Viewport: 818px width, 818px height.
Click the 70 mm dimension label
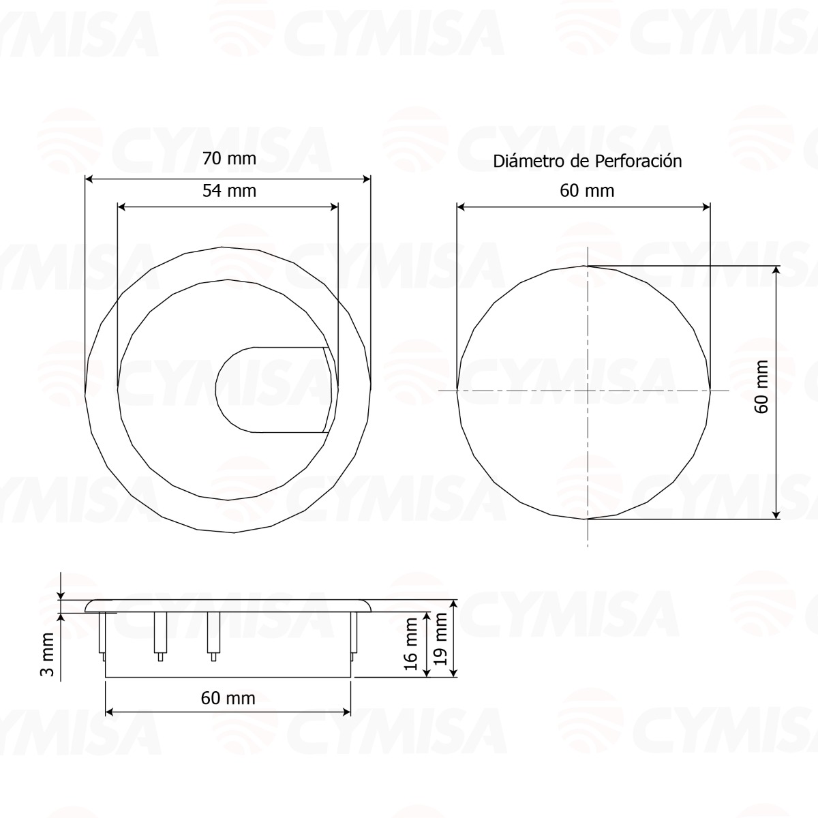pos(229,159)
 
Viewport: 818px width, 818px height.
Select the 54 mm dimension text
pos(229,191)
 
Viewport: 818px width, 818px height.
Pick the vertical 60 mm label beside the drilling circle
pos(761,387)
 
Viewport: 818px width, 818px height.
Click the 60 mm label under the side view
pos(228,698)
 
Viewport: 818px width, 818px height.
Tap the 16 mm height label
pos(411,644)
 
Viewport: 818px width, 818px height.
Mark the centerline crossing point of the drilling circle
pos(587,391)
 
